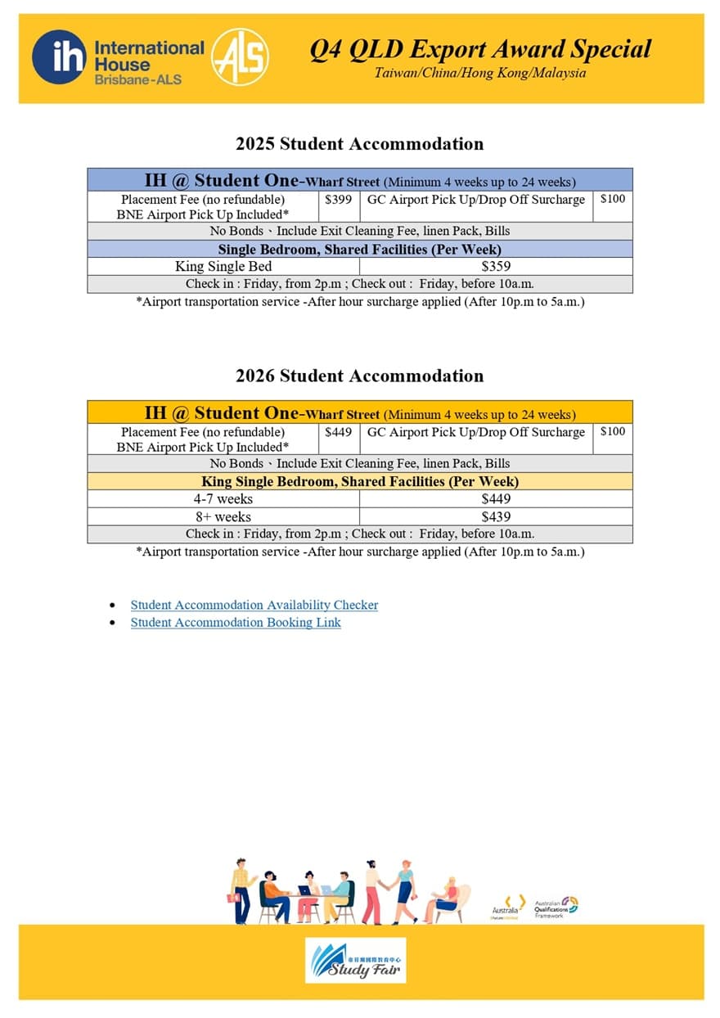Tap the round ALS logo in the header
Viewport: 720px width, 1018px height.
[x=240, y=58]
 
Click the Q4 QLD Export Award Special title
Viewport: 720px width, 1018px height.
[x=480, y=49]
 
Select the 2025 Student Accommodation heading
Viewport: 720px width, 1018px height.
[x=359, y=144]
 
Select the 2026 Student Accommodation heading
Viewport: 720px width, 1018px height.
[x=359, y=376]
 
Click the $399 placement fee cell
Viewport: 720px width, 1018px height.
[x=338, y=200]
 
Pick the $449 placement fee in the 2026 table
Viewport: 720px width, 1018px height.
[x=338, y=432]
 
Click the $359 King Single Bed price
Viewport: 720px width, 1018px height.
[x=495, y=267]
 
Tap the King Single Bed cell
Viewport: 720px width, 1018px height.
[x=223, y=267]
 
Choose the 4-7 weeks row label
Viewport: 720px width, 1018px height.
[x=223, y=499]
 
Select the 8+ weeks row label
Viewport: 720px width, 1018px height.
[x=223, y=517]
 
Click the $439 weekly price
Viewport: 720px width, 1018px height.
[x=495, y=517]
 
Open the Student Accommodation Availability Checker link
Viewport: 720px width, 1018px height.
[x=254, y=606]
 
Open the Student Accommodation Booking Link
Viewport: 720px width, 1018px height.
[x=236, y=623]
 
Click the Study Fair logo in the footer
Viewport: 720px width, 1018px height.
[x=355, y=960]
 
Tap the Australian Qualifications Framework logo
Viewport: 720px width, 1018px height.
[x=556, y=907]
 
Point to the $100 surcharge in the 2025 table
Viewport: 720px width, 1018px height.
[x=612, y=200]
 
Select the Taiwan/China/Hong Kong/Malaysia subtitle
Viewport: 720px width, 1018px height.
[x=480, y=73]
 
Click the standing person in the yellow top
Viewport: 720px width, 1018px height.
[x=241, y=890]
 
